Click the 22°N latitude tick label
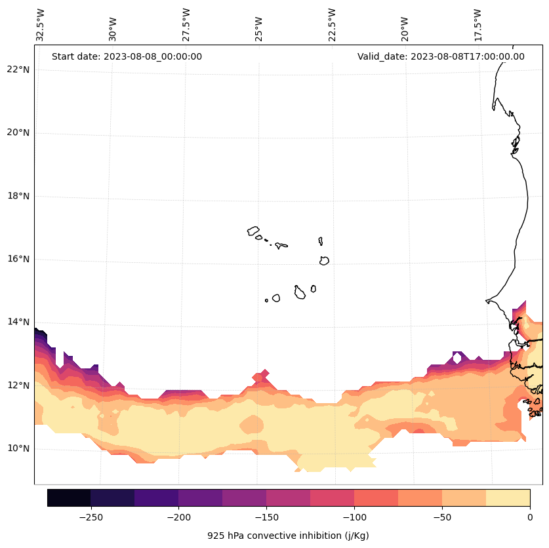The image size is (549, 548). click(x=19, y=69)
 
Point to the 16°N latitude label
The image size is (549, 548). click(x=19, y=259)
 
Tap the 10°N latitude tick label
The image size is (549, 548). click(x=19, y=448)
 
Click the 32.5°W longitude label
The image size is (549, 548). click(x=41, y=25)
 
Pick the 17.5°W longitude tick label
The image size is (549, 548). click(x=478, y=25)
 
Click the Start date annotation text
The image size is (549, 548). click(x=127, y=56)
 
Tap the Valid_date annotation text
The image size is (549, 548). click(x=441, y=56)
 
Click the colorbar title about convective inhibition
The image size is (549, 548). click(x=288, y=536)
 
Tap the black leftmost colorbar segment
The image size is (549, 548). click(x=69, y=498)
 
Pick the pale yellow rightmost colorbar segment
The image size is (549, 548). click(x=508, y=498)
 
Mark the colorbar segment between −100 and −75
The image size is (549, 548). click(x=376, y=498)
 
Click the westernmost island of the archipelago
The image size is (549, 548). click(x=253, y=231)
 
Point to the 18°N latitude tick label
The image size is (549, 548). click(x=19, y=196)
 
